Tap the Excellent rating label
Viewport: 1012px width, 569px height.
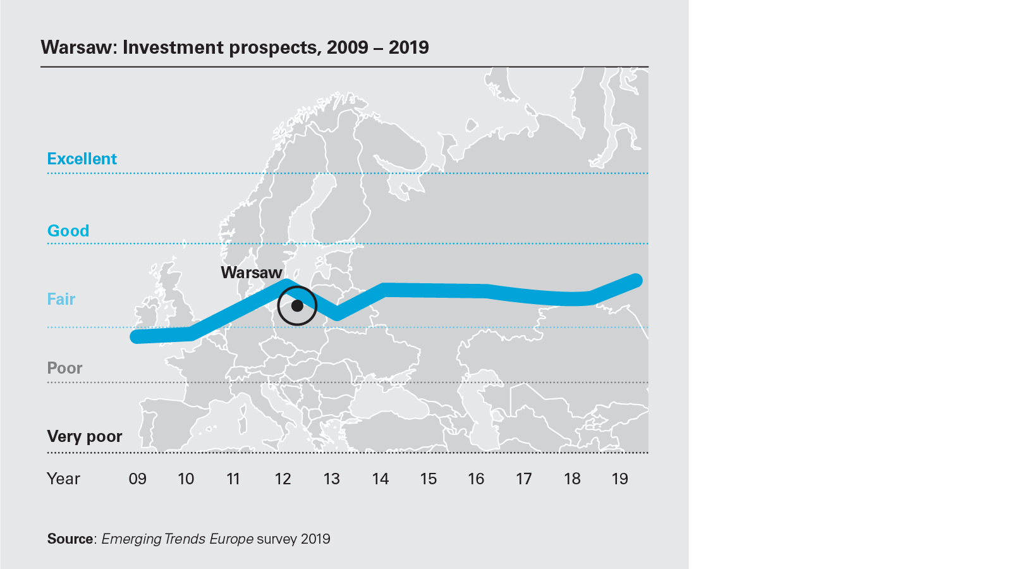coord(82,159)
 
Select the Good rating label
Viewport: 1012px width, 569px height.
coord(68,231)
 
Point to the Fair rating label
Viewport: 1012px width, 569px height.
coord(61,299)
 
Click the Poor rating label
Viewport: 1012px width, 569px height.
coord(64,368)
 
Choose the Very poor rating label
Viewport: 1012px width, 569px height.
coord(85,436)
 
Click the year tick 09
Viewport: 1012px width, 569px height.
coord(137,479)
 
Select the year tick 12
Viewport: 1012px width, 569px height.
coord(283,479)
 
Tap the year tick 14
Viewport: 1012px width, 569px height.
coord(380,479)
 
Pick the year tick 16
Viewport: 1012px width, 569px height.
coord(476,479)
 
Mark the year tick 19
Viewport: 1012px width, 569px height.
coord(619,479)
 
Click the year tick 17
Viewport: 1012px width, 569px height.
coord(523,479)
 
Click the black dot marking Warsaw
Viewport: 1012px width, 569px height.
coord(297,306)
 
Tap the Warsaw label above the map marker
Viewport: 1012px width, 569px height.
coord(252,272)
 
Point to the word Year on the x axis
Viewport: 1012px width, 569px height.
coord(63,479)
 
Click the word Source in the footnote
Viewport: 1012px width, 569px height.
coord(70,539)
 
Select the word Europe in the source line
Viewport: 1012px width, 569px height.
coord(231,539)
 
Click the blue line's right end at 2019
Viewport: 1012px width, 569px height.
coord(637,280)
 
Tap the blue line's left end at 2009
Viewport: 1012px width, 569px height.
coord(136,336)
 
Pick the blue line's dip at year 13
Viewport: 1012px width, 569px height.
coord(338,314)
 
